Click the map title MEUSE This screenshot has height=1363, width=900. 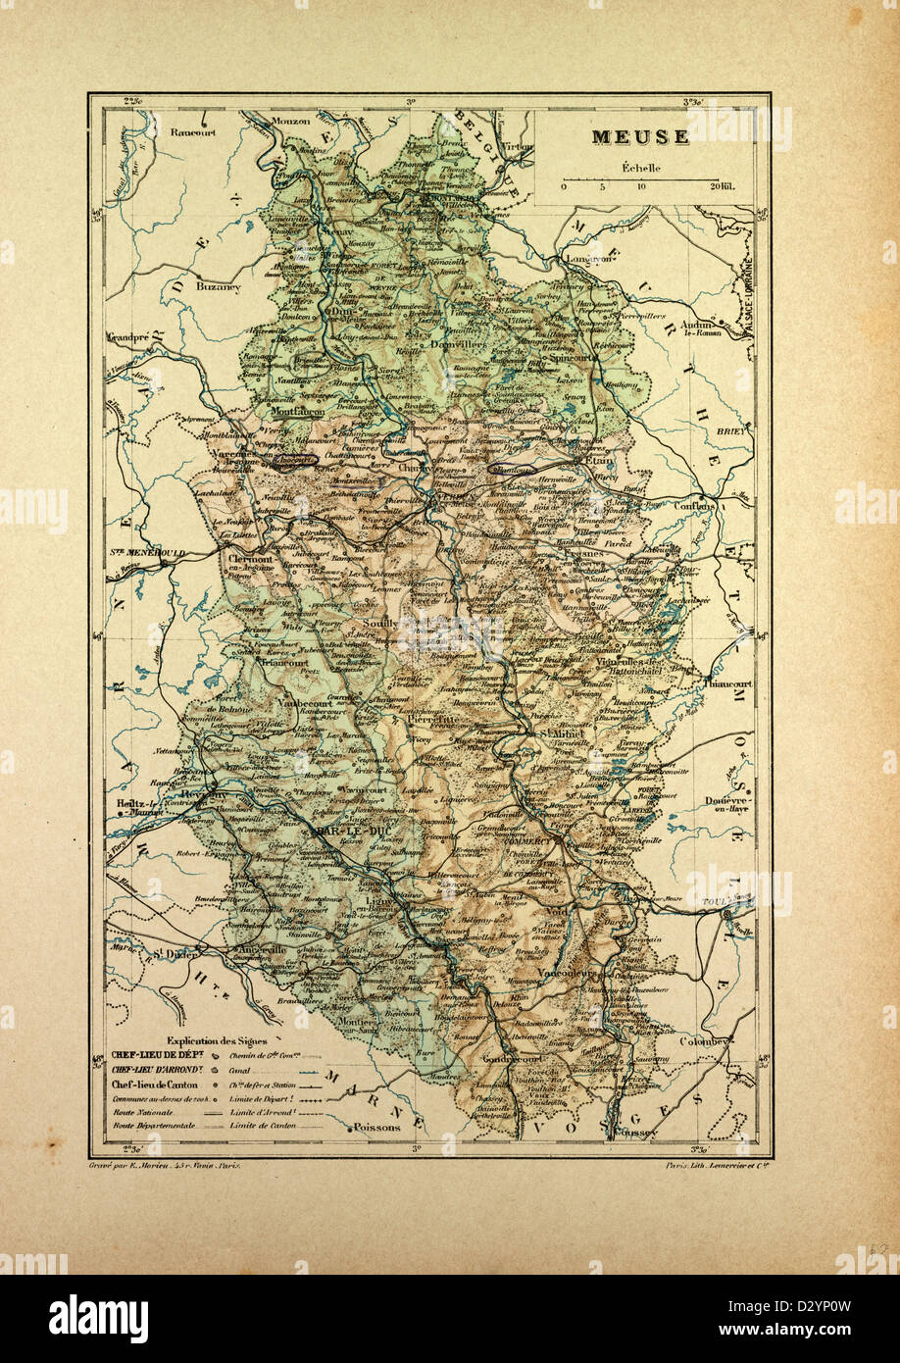coord(639,137)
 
